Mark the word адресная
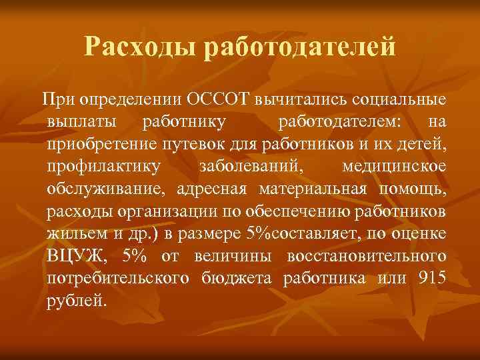pos(209,188)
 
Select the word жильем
pos(75,233)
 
